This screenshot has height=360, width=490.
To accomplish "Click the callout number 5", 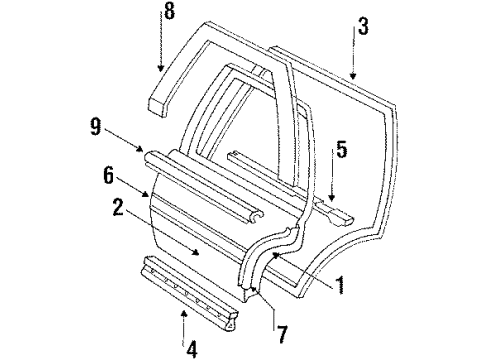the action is click(341, 151).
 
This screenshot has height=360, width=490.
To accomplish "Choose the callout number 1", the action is click(343, 291).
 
